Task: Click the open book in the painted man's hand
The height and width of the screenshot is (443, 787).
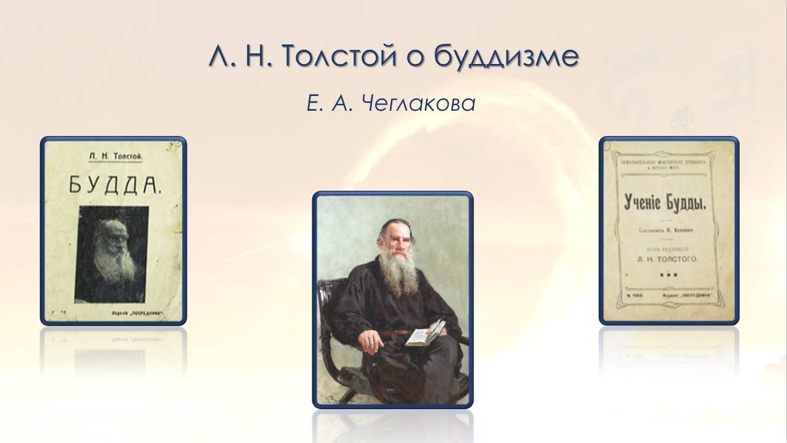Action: [426, 335]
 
